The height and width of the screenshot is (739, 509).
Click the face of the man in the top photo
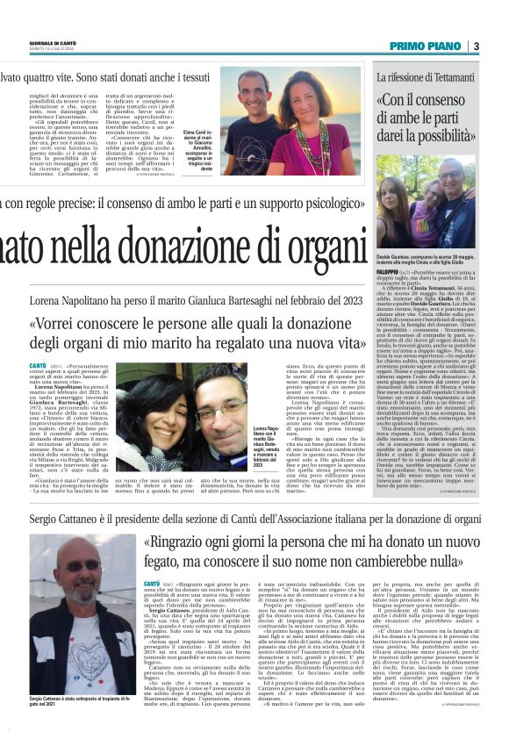pyautogui.click(x=254, y=87)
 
